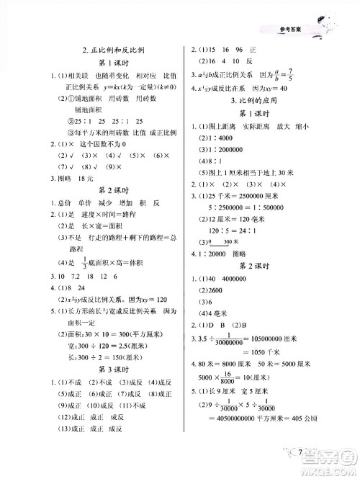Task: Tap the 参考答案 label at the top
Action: click(280, 29)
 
